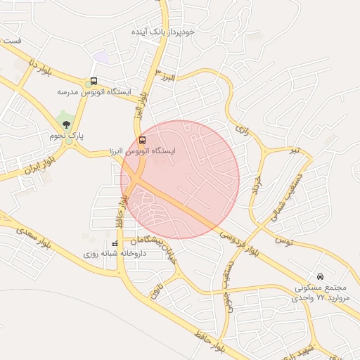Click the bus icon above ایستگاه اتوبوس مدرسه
[x=94, y=81]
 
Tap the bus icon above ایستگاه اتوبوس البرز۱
[x=143, y=140]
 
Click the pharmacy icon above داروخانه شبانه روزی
[x=115, y=243]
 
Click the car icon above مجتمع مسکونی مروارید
[x=321, y=276]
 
